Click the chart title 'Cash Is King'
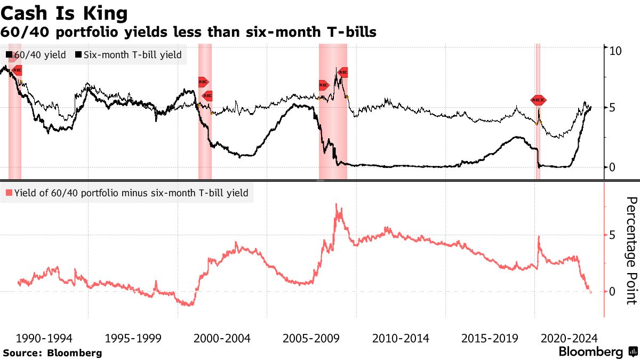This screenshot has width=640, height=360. click(x=65, y=12)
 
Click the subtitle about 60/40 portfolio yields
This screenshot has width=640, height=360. click(x=189, y=33)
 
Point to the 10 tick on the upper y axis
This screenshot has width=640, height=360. click(x=615, y=51)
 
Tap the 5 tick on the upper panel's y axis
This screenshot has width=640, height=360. click(x=613, y=108)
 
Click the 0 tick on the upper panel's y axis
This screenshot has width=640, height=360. click(x=613, y=167)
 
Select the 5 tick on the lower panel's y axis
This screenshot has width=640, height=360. click(x=613, y=235)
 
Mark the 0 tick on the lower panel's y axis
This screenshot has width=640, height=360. click(x=613, y=291)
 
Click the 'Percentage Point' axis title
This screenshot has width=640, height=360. click(x=631, y=250)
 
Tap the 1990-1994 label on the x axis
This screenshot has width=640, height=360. click(x=44, y=338)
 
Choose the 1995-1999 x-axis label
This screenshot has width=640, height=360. click(x=133, y=338)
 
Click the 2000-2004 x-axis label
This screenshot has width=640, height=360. click(x=222, y=338)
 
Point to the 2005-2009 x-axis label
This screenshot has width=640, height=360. click(x=311, y=338)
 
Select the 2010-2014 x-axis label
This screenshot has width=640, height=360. click(x=400, y=338)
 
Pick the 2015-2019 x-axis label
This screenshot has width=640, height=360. click(x=489, y=338)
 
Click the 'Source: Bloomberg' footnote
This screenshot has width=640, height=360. click(x=52, y=353)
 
